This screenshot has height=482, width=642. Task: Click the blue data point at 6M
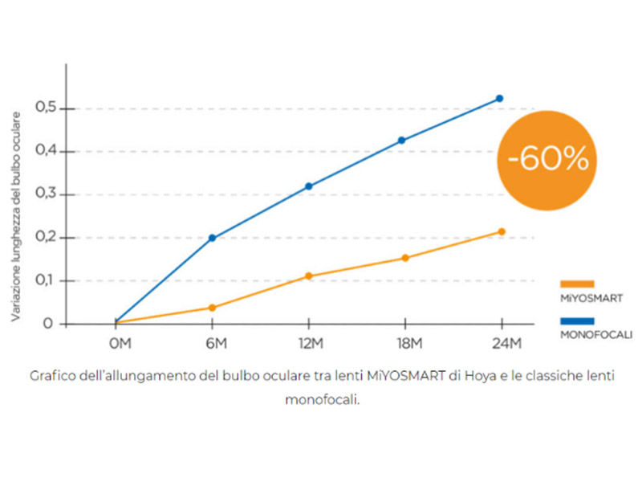pos(212,238)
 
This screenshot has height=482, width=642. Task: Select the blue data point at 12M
pos(308,186)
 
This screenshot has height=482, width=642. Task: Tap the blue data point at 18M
pos(402,140)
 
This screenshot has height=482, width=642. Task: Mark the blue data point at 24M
pos(499,98)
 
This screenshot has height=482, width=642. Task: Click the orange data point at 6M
pos(212,308)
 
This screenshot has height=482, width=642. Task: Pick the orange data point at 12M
pos(308,276)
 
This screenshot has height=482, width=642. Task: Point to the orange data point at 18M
pos(405,258)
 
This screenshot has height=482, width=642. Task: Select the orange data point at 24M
pos(502,231)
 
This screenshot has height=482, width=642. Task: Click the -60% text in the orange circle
pos(548,158)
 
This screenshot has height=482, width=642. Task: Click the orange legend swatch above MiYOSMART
pos(576,284)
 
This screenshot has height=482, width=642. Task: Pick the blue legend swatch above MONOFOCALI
pos(576,321)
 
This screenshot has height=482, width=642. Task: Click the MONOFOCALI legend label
pos(595,334)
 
